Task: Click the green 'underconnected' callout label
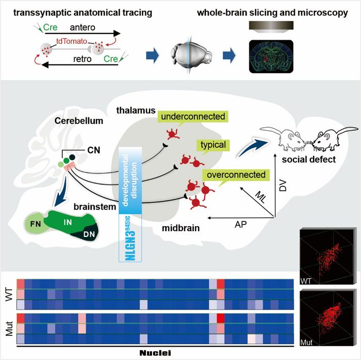[x=193, y=116]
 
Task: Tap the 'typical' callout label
[x=213, y=145]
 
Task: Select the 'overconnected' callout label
[x=236, y=175]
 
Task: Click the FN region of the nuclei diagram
[x=36, y=224]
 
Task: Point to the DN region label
[x=89, y=234]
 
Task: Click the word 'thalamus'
[x=136, y=110]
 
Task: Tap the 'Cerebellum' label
[x=79, y=121]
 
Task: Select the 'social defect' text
[x=309, y=159]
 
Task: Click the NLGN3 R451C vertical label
[x=130, y=238]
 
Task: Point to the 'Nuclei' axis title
[x=155, y=353]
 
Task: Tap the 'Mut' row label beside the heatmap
[x=9, y=329]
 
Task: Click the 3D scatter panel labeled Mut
[x=326, y=318]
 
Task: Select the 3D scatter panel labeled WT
[x=326, y=256]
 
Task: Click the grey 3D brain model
[x=191, y=56]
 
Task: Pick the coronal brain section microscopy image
[x=271, y=57]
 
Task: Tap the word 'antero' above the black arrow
[x=83, y=27]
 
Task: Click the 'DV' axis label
[x=283, y=186]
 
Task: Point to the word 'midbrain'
[x=180, y=228]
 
